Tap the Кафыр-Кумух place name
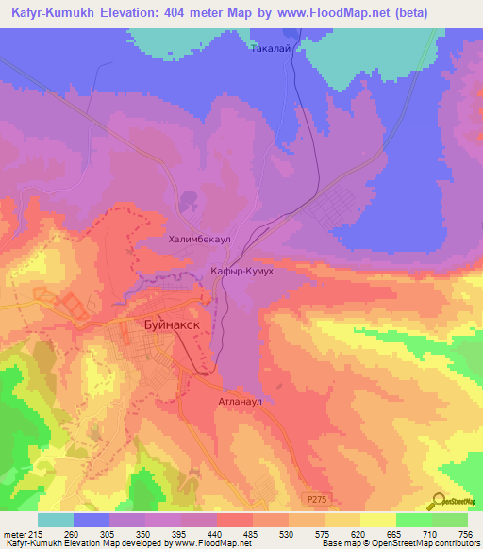pyautogui.click(x=241, y=271)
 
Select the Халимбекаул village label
pyautogui.click(x=199, y=241)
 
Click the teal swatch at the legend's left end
pyautogui.click(x=56, y=520)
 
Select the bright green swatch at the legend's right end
pyautogui.click(x=450, y=520)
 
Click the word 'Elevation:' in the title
pyautogui.click(x=140, y=13)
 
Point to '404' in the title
pyautogui.click(x=192, y=13)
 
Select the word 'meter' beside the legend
pyautogui.click(x=14, y=534)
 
